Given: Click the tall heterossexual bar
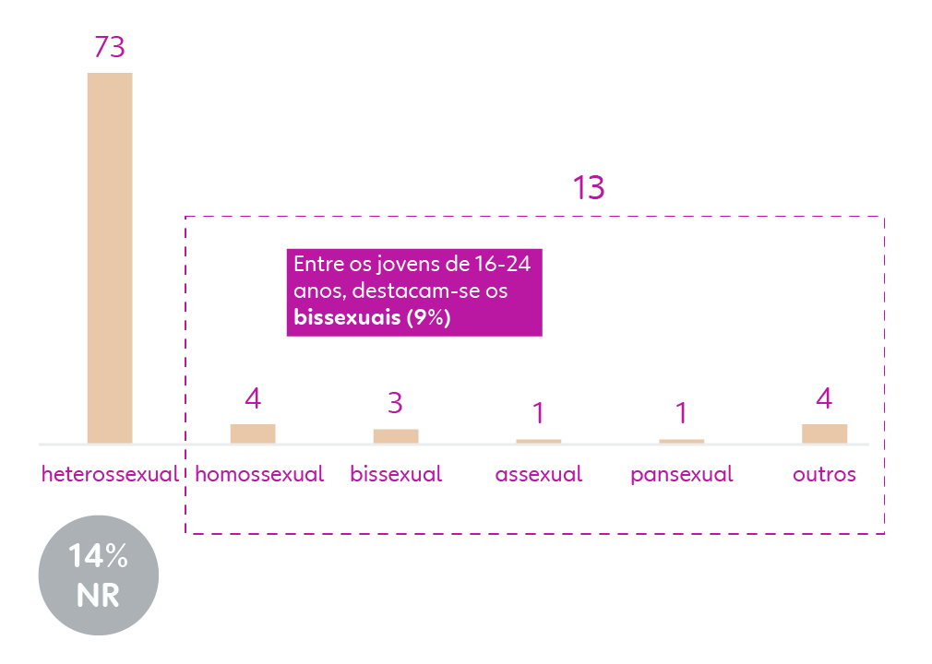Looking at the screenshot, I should click(x=110, y=257).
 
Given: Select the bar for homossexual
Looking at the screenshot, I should click(x=253, y=433).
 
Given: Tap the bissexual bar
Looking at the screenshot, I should click(x=396, y=436).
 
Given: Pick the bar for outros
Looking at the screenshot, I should click(x=824, y=433).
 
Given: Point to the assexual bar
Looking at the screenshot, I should click(x=539, y=441).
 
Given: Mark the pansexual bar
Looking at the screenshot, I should click(x=682, y=441).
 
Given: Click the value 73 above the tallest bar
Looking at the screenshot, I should click(x=110, y=47).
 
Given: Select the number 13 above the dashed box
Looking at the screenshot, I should click(x=589, y=188).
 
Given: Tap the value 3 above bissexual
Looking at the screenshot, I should click(x=396, y=403).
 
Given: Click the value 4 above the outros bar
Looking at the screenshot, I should click(x=824, y=398).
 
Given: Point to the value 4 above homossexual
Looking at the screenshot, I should click(x=253, y=398).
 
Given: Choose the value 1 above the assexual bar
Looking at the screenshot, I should click(x=539, y=412).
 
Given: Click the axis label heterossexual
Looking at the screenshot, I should click(x=110, y=475).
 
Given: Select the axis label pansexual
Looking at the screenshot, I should click(x=682, y=475).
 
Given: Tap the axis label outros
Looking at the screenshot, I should click(x=824, y=475).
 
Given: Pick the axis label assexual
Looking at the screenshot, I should click(x=539, y=475).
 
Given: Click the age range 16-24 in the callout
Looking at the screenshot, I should click(x=505, y=264).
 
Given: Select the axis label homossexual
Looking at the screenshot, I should click(x=259, y=475).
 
